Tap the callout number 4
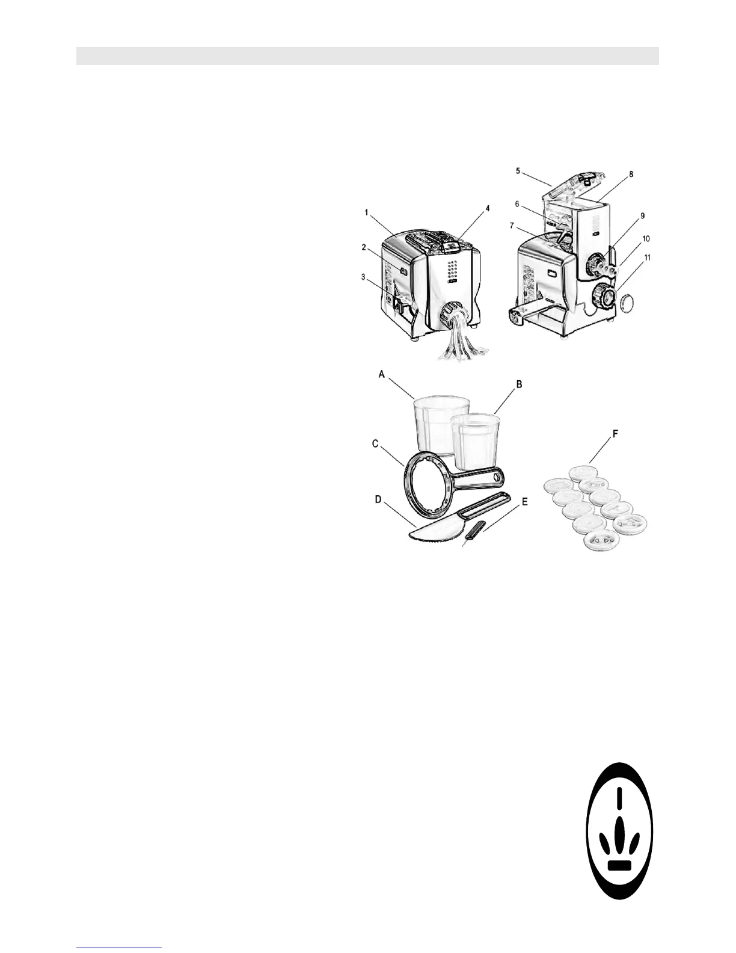488,208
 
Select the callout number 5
518,170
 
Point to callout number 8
631,174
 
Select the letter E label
524,501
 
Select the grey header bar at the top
367,55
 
